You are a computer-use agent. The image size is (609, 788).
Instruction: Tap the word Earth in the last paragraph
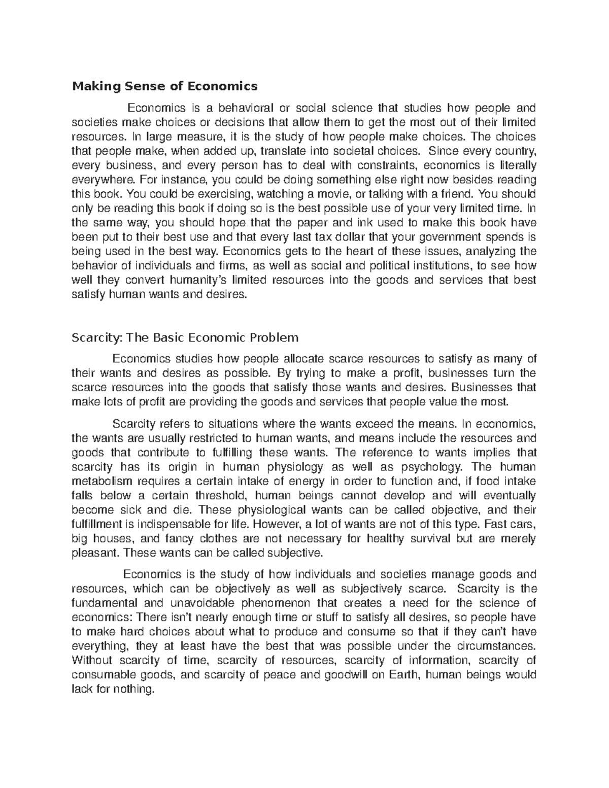(405, 675)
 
